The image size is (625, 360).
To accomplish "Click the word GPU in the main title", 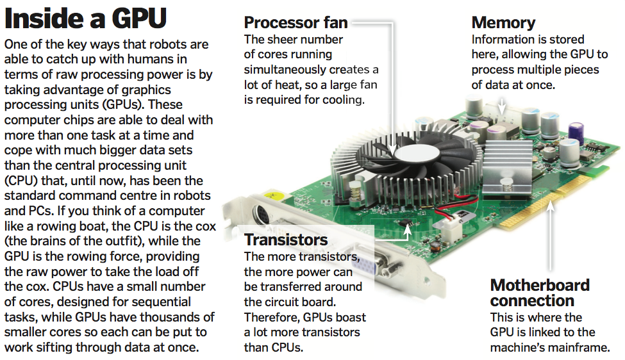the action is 138,19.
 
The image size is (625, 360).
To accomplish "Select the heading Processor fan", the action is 296,22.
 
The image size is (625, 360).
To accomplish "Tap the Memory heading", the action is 503,23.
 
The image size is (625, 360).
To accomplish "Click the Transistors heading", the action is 286,240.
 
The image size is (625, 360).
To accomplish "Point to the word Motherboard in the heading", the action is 540,285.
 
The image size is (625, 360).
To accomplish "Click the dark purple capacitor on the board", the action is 576,131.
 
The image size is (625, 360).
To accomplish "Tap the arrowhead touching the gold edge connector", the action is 550,206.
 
